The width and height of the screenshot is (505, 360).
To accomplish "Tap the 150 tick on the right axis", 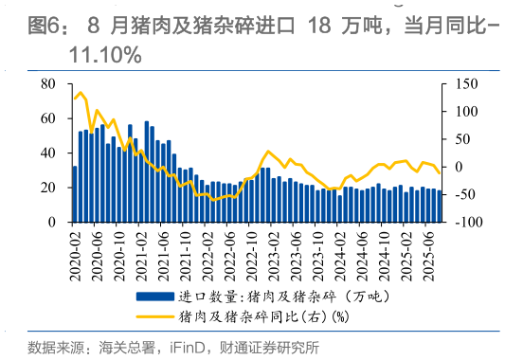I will click(x=462, y=83).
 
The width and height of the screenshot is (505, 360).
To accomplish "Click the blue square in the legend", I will click(x=155, y=297).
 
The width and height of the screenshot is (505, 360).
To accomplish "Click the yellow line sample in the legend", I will click(x=155, y=316).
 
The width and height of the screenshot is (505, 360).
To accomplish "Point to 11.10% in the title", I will click(x=104, y=56).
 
